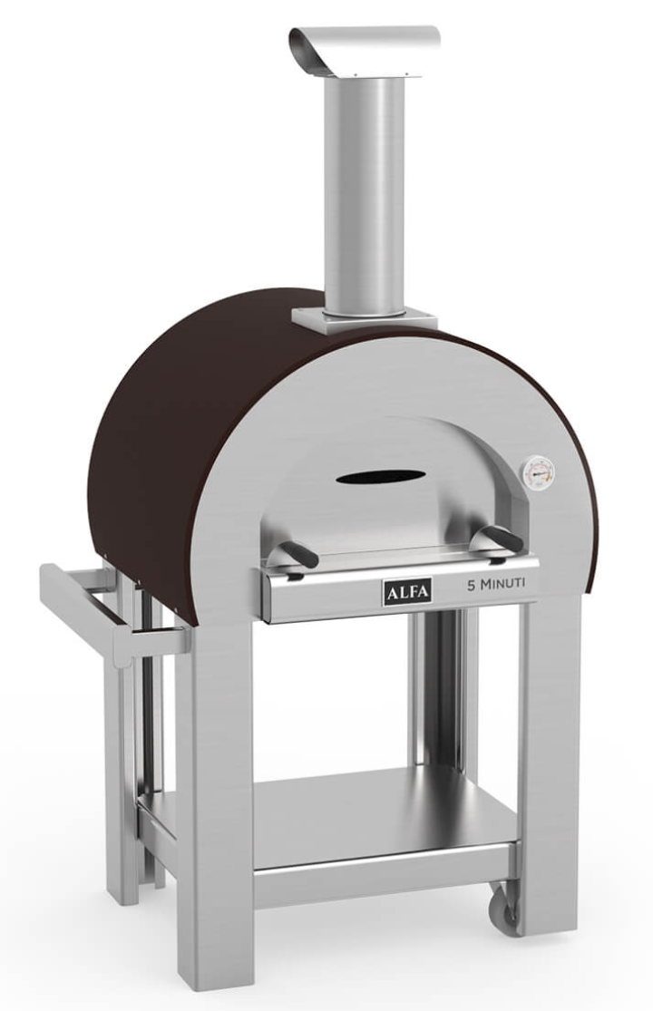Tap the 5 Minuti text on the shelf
[496, 584]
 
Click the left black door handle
[297, 553]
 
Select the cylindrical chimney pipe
[365, 193]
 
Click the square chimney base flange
[364, 319]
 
